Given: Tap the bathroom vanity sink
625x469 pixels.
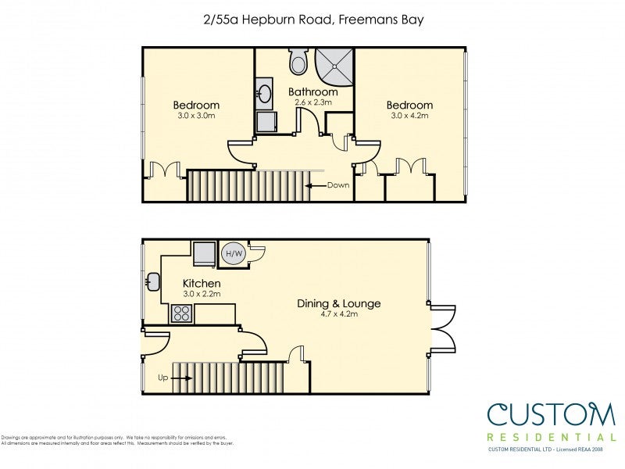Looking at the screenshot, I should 265,95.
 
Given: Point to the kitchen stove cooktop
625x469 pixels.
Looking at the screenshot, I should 181,313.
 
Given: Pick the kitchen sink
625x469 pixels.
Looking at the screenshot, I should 152,281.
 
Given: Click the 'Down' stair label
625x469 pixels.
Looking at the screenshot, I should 338,186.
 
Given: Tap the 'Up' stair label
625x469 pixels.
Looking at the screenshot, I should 163,378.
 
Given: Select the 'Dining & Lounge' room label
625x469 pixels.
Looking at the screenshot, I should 339,303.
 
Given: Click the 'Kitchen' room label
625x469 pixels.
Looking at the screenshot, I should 202,283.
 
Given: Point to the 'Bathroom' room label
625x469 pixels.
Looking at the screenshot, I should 313,92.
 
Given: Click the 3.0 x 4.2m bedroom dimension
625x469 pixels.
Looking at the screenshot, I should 409,116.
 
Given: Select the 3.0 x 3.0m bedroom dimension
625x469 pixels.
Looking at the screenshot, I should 196,116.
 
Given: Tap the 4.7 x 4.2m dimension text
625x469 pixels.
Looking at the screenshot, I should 338,314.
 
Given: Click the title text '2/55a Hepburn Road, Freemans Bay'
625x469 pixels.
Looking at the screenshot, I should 312,20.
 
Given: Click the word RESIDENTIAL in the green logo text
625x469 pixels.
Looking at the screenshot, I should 551,437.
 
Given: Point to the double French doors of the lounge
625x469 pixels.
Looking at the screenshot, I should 442,328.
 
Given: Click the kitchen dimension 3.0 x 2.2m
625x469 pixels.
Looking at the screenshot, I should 202,294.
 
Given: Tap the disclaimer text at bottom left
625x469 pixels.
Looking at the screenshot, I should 117,440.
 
